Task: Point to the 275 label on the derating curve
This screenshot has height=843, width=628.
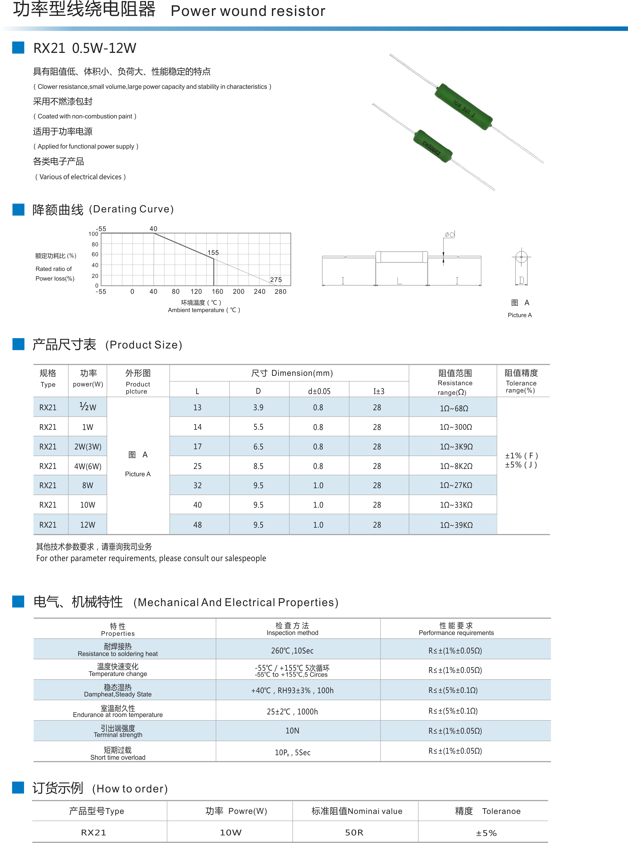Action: point(276,280)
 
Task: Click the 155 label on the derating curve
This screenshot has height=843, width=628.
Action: point(213,253)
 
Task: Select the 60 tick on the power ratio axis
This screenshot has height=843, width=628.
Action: point(95,254)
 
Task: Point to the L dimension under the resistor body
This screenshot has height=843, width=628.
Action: point(399,281)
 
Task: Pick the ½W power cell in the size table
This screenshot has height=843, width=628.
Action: point(88,407)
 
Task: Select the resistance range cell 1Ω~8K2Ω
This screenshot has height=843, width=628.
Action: point(456,466)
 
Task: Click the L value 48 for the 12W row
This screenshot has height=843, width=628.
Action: point(197,525)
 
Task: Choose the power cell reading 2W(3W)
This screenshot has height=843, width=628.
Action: point(88,447)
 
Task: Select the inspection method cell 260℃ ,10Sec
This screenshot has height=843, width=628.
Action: point(292,651)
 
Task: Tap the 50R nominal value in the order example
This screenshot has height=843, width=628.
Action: point(354,833)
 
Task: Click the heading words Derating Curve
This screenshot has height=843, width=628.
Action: point(131,209)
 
